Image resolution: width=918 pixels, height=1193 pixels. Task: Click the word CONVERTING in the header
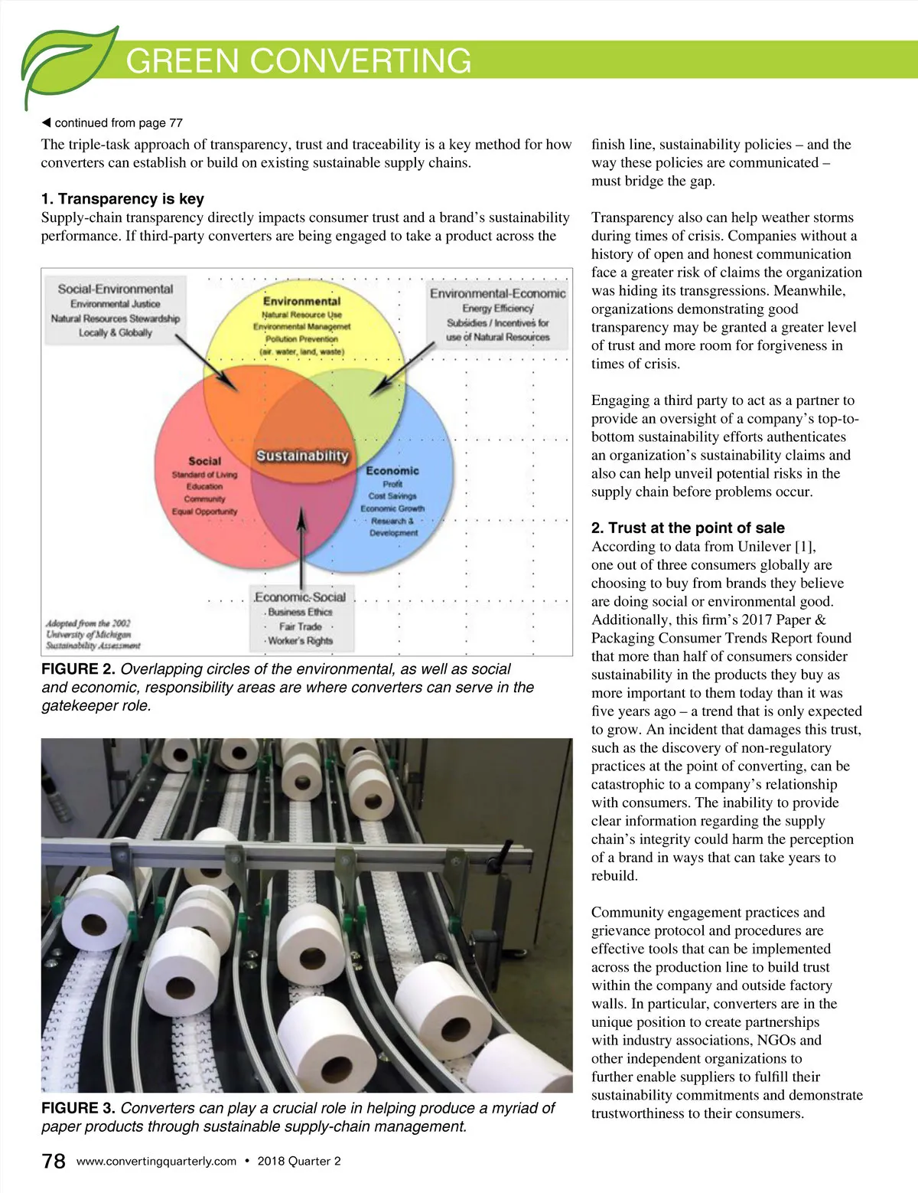(x=360, y=60)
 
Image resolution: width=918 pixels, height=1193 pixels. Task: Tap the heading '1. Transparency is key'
(x=122, y=199)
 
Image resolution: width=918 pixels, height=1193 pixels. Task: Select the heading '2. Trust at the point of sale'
(x=688, y=528)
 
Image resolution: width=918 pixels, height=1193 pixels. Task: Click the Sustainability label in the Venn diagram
(x=302, y=456)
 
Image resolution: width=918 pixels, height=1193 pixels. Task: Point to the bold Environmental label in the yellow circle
(x=301, y=302)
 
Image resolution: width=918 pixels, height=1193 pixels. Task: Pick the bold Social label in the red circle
(x=204, y=461)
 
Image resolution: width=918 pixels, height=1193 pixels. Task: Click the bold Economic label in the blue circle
(x=392, y=471)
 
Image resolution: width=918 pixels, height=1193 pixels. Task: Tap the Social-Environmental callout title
(x=116, y=289)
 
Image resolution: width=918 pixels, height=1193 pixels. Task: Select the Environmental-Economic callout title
(x=497, y=293)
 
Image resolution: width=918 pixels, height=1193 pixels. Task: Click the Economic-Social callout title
(x=300, y=597)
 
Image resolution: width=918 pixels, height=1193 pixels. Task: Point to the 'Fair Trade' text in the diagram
(x=300, y=626)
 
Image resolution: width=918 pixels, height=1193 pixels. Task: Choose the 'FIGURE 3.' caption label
(x=78, y=1108)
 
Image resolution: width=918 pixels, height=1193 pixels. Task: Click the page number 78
(x=54, y=1161)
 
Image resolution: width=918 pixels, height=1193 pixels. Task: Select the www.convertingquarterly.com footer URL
(x=156, y=1161)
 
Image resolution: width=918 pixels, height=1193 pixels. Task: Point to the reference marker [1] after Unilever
(x=806, y=546)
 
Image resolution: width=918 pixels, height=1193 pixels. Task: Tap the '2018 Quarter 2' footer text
(x=299, y=1161)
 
